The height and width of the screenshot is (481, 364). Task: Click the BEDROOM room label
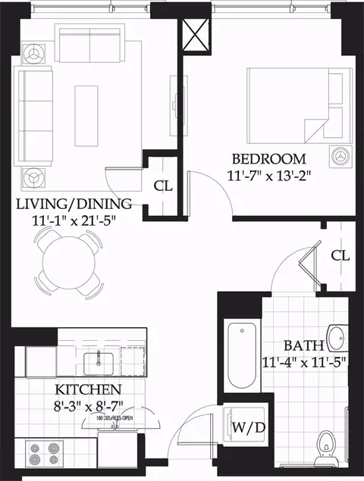268,160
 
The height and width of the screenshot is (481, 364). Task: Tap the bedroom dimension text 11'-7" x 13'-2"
268,176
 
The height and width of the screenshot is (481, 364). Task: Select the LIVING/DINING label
74,204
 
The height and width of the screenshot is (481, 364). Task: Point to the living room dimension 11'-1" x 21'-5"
74,220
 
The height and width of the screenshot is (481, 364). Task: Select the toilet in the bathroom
327,448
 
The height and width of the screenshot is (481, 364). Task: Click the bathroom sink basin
336,337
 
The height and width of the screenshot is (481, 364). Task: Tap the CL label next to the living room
162,185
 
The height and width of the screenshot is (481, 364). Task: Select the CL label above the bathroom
340,256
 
